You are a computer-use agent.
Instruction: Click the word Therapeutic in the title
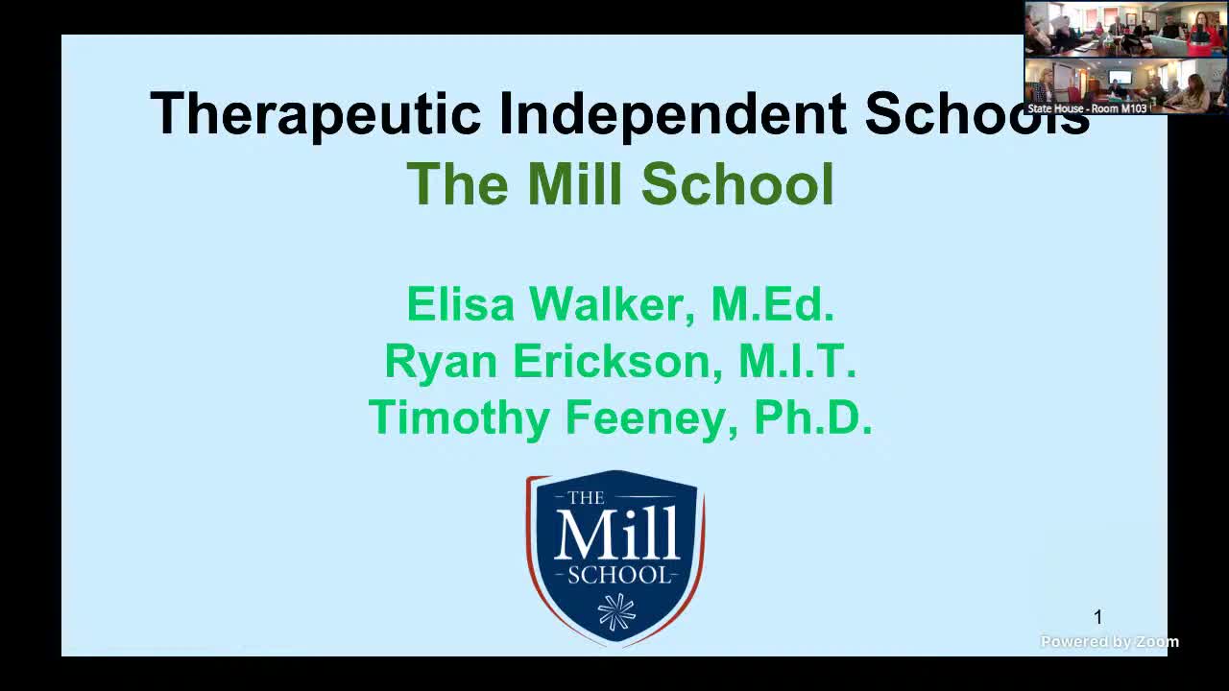[315, 114]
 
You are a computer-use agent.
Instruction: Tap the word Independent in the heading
[672, 114]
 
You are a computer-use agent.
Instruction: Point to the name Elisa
[462, 304]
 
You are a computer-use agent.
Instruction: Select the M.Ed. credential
[772, 304]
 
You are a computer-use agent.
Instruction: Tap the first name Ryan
[441, 362]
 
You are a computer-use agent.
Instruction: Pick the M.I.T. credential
[797, 362]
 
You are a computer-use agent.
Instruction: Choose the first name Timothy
[459, 418]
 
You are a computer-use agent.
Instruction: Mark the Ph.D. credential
[812, 418]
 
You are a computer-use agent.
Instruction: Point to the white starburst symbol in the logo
[616, 611]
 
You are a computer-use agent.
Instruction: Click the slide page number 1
[1098, 617]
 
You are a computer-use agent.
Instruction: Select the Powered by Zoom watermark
[1109, 642]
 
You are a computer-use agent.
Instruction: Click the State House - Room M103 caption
[1087, 108]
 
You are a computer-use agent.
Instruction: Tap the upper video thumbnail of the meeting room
[1125, 29]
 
